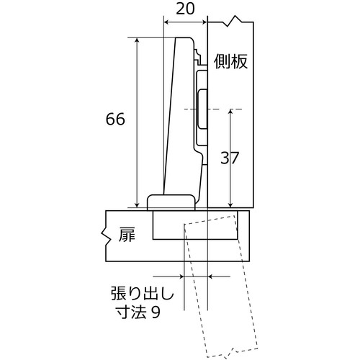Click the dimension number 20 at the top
185,9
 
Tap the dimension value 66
115,119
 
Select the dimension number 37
230,158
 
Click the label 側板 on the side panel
230,62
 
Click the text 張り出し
143,293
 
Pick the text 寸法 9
138,312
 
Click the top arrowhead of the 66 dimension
137,40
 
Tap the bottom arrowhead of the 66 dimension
137,204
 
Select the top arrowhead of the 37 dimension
230,112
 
